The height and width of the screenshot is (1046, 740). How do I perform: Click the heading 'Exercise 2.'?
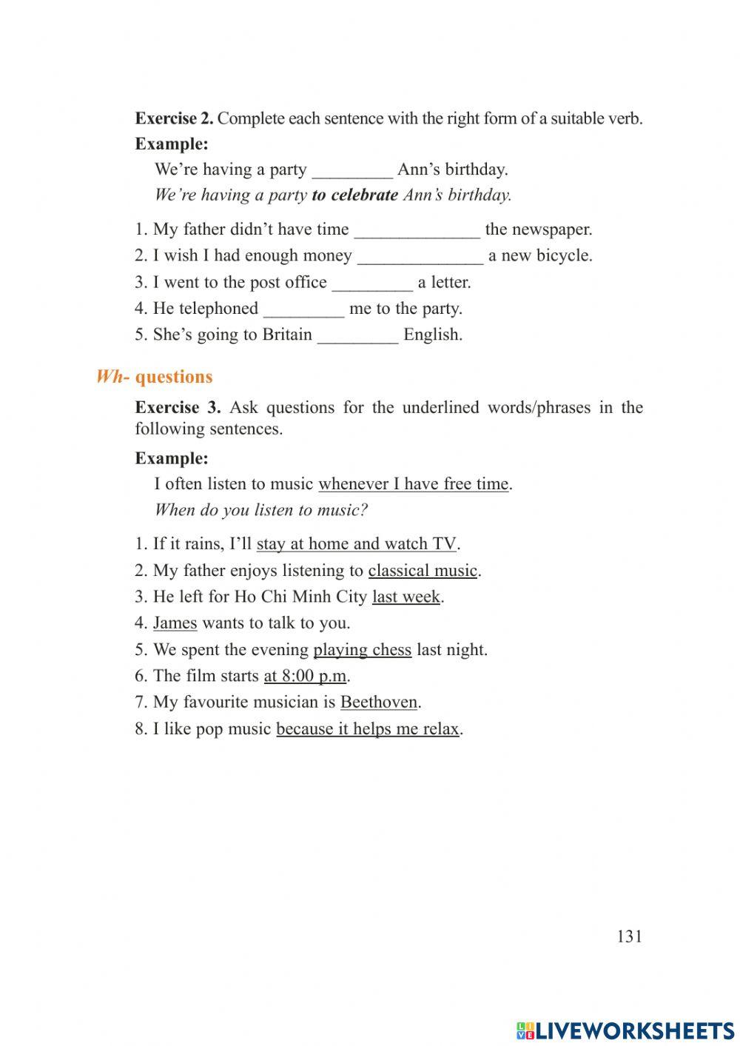[174, 118]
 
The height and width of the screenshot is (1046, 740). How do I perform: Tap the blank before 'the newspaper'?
[417, 230]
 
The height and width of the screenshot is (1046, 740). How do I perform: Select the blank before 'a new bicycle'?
[420, 256]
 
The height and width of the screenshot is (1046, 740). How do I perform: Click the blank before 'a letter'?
[372, 283]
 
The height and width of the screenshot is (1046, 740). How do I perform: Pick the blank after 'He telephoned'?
[303, 309]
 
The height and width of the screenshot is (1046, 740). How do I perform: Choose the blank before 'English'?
[357, 335]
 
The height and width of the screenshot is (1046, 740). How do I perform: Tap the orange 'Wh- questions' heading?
[155, 377]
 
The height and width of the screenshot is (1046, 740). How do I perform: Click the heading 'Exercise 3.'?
[178, 408]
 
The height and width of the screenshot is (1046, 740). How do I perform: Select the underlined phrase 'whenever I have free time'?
[413, 484]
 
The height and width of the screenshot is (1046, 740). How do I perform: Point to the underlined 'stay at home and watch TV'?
[356, 544]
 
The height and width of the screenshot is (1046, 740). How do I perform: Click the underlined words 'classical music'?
[423, 571]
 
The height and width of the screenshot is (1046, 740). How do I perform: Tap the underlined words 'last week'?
[406, 597]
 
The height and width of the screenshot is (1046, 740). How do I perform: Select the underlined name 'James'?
[175, 623]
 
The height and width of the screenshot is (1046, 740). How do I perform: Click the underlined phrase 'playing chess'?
[362, 650]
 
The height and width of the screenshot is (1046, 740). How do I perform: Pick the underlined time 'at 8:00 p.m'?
[305, 676]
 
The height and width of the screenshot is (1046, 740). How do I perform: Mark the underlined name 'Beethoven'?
[379, 703]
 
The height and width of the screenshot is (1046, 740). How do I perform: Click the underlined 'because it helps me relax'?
[368, 729]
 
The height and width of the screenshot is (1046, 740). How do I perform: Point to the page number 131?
[629, 936]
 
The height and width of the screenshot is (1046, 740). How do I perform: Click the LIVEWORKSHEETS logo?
[625, 1030]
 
